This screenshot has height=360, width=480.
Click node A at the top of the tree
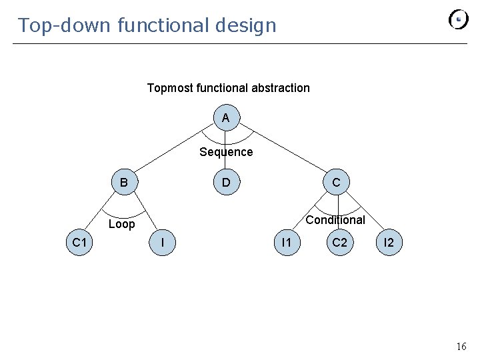click(x=226, y=118)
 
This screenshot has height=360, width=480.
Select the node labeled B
click(x=124, y=182)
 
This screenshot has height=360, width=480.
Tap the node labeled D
click(x=226, y=182)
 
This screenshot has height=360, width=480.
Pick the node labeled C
click(x=336, y=182)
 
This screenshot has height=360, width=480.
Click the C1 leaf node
click(x=80, y=243)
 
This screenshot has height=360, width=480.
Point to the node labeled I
click(x=163, y=243)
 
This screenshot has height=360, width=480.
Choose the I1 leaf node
click(x=286, y=243)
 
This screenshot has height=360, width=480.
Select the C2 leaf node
click(x=339, y=243)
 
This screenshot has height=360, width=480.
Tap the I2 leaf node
click(x=389, y=243)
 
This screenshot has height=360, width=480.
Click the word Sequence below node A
click(x=226, y=152)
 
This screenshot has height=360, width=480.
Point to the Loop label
click(x=121, y=224)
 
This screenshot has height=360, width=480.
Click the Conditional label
click(x=335, y=220)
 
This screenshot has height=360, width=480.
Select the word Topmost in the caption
click(x=169, y=88)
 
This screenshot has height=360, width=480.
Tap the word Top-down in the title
click(x=64, y=25)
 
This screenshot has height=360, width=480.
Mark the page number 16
click(x=461, y=347)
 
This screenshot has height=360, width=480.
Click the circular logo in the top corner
click(x=459, y=19)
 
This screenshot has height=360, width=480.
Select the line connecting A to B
click(x=175, y=150)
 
